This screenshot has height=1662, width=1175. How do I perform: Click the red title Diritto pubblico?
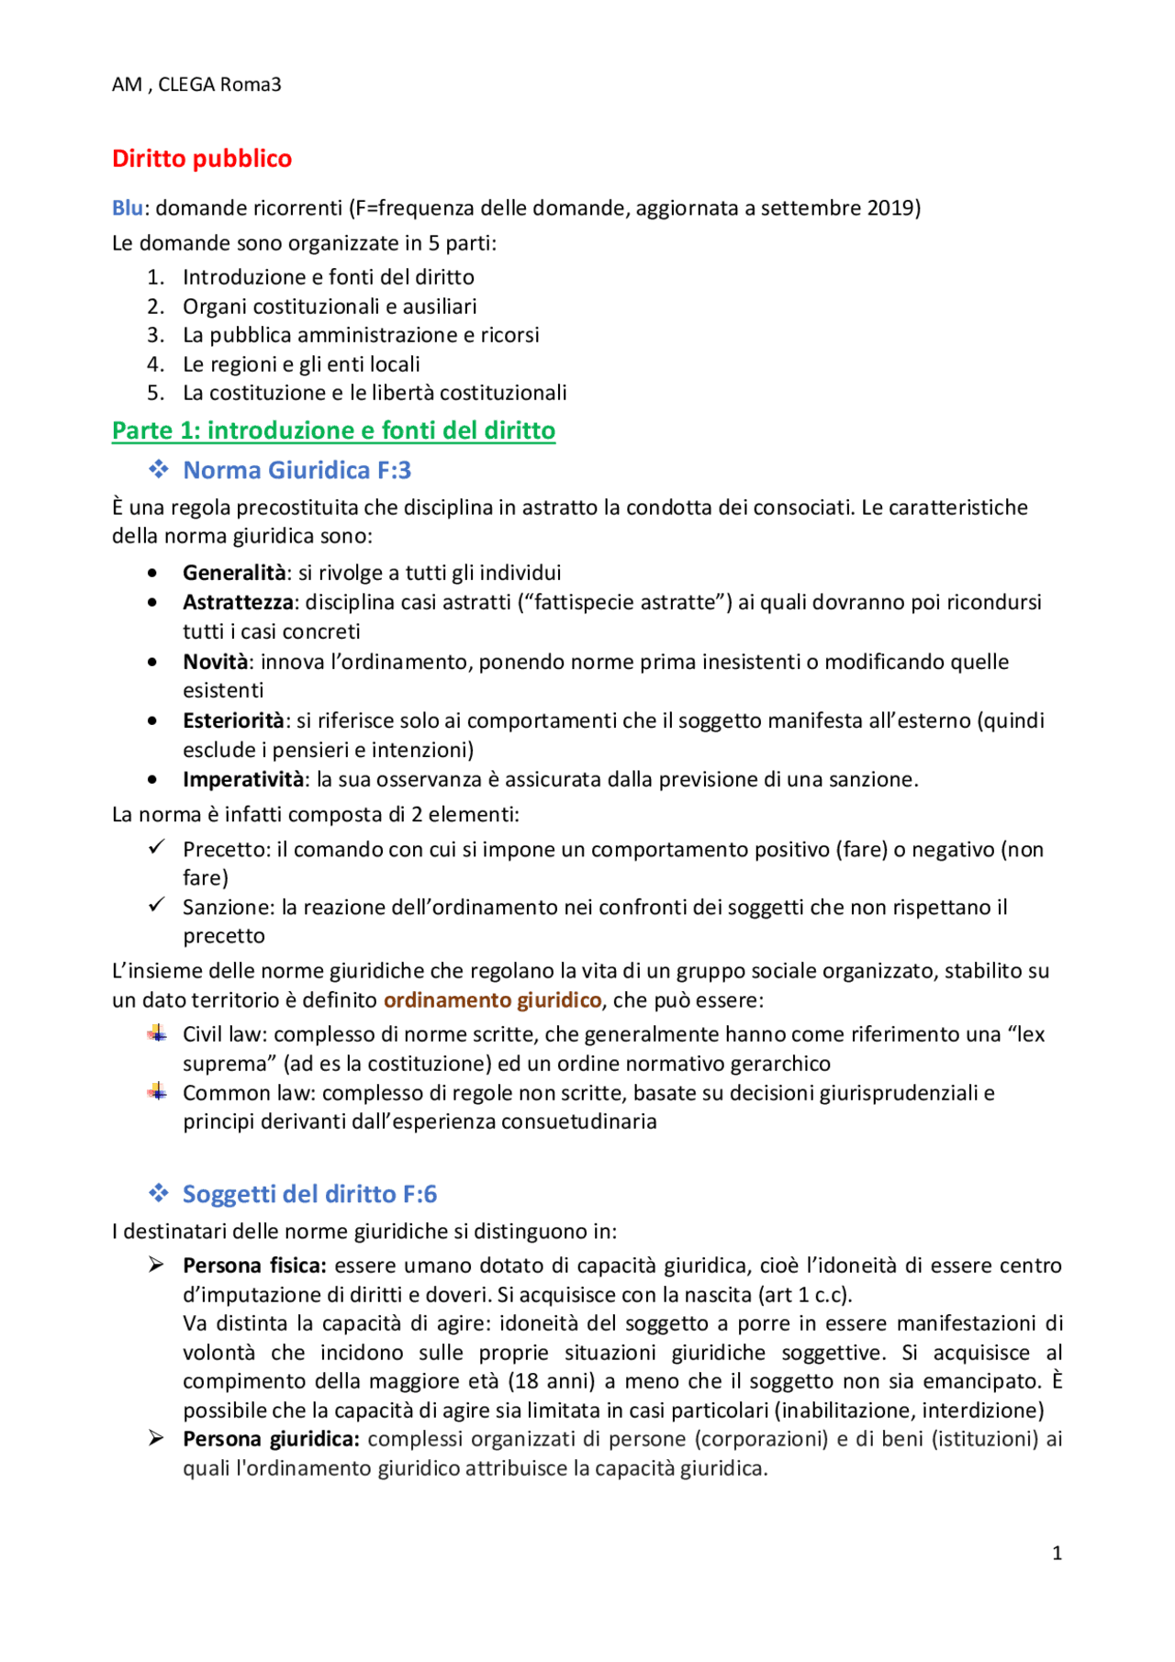pyautogui.click(x=202, y=159)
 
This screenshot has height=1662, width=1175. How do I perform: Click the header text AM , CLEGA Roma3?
pyautogui.click(x=196, y=84)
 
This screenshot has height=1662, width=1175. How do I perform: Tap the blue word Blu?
pyautogui.click(x=127, y=208)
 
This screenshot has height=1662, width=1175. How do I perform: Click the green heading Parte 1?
pyautogui.click(x=333, y=430)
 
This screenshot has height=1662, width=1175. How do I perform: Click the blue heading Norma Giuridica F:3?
pyautogui.click(x=297, y=470)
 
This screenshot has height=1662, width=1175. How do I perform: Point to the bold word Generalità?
pyautogui.click(x=234, y=573)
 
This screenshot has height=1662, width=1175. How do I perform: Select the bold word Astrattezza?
pyautogui.click(x=238, y=602)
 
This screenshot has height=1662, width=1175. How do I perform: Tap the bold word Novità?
pyautogui.click(x=215, y=662)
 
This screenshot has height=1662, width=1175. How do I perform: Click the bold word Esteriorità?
pyautogui.click(x=233, y=720)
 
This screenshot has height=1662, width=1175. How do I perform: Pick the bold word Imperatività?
pyautogui.click(x=243, y=779)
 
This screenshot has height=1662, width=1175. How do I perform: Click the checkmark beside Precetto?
pyautogui.click(x=157, y=847)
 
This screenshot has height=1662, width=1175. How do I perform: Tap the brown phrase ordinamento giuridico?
pyautogui.click(x=492, y=999)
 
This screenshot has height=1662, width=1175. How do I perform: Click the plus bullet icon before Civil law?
pyautogui.click(x=157, y=1033)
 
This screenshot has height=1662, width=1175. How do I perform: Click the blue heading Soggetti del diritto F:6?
pyautogui.click(x=309, y=1194)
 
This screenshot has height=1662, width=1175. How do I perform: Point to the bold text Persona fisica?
pyautogui.click(x=254, y=1266)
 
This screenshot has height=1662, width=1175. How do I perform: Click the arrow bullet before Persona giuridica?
pyautogui.click(x=157, y=1438)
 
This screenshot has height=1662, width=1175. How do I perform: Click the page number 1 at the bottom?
pyautogui.click(x=1057, y=1553)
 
